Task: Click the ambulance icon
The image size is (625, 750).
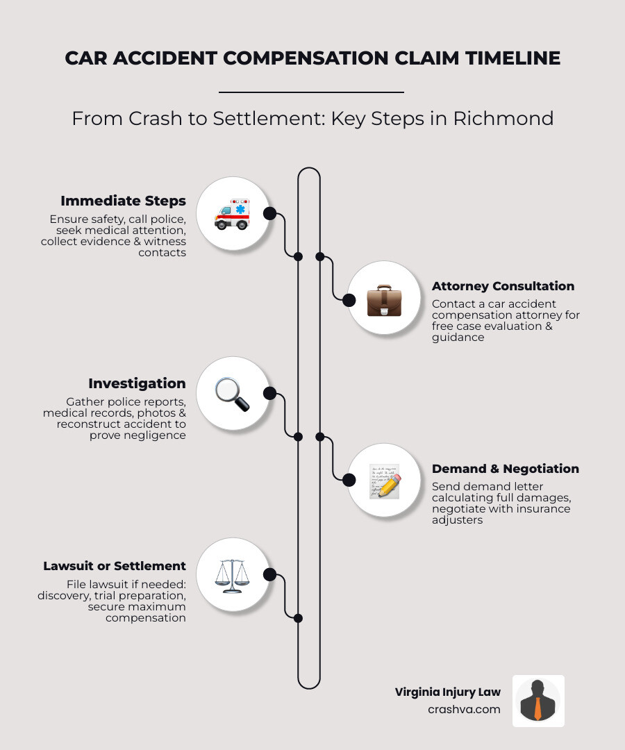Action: (232, 214)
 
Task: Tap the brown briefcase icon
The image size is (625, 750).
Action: (383, 299)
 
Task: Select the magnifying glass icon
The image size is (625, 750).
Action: (232, 394)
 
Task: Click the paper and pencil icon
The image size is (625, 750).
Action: (384, 481)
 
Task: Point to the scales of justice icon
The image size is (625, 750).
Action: (232, 575)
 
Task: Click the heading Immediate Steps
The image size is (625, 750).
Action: (123, 201)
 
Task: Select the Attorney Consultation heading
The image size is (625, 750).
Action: (503, 286)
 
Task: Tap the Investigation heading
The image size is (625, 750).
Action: (137, 383)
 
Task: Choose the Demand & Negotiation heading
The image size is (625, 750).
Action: (505, 469)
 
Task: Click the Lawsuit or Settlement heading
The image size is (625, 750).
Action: (115, 566)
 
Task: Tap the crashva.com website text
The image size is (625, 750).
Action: (464, 709)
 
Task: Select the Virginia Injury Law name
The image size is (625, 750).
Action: (447, 692)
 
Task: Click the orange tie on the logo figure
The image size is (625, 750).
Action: (538, 709)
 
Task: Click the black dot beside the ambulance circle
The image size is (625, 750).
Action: (270, 213)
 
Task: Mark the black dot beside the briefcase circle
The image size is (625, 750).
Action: (349, 300)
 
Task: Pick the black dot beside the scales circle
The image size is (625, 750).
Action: (270, 574)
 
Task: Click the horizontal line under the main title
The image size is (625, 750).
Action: (311, 92)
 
